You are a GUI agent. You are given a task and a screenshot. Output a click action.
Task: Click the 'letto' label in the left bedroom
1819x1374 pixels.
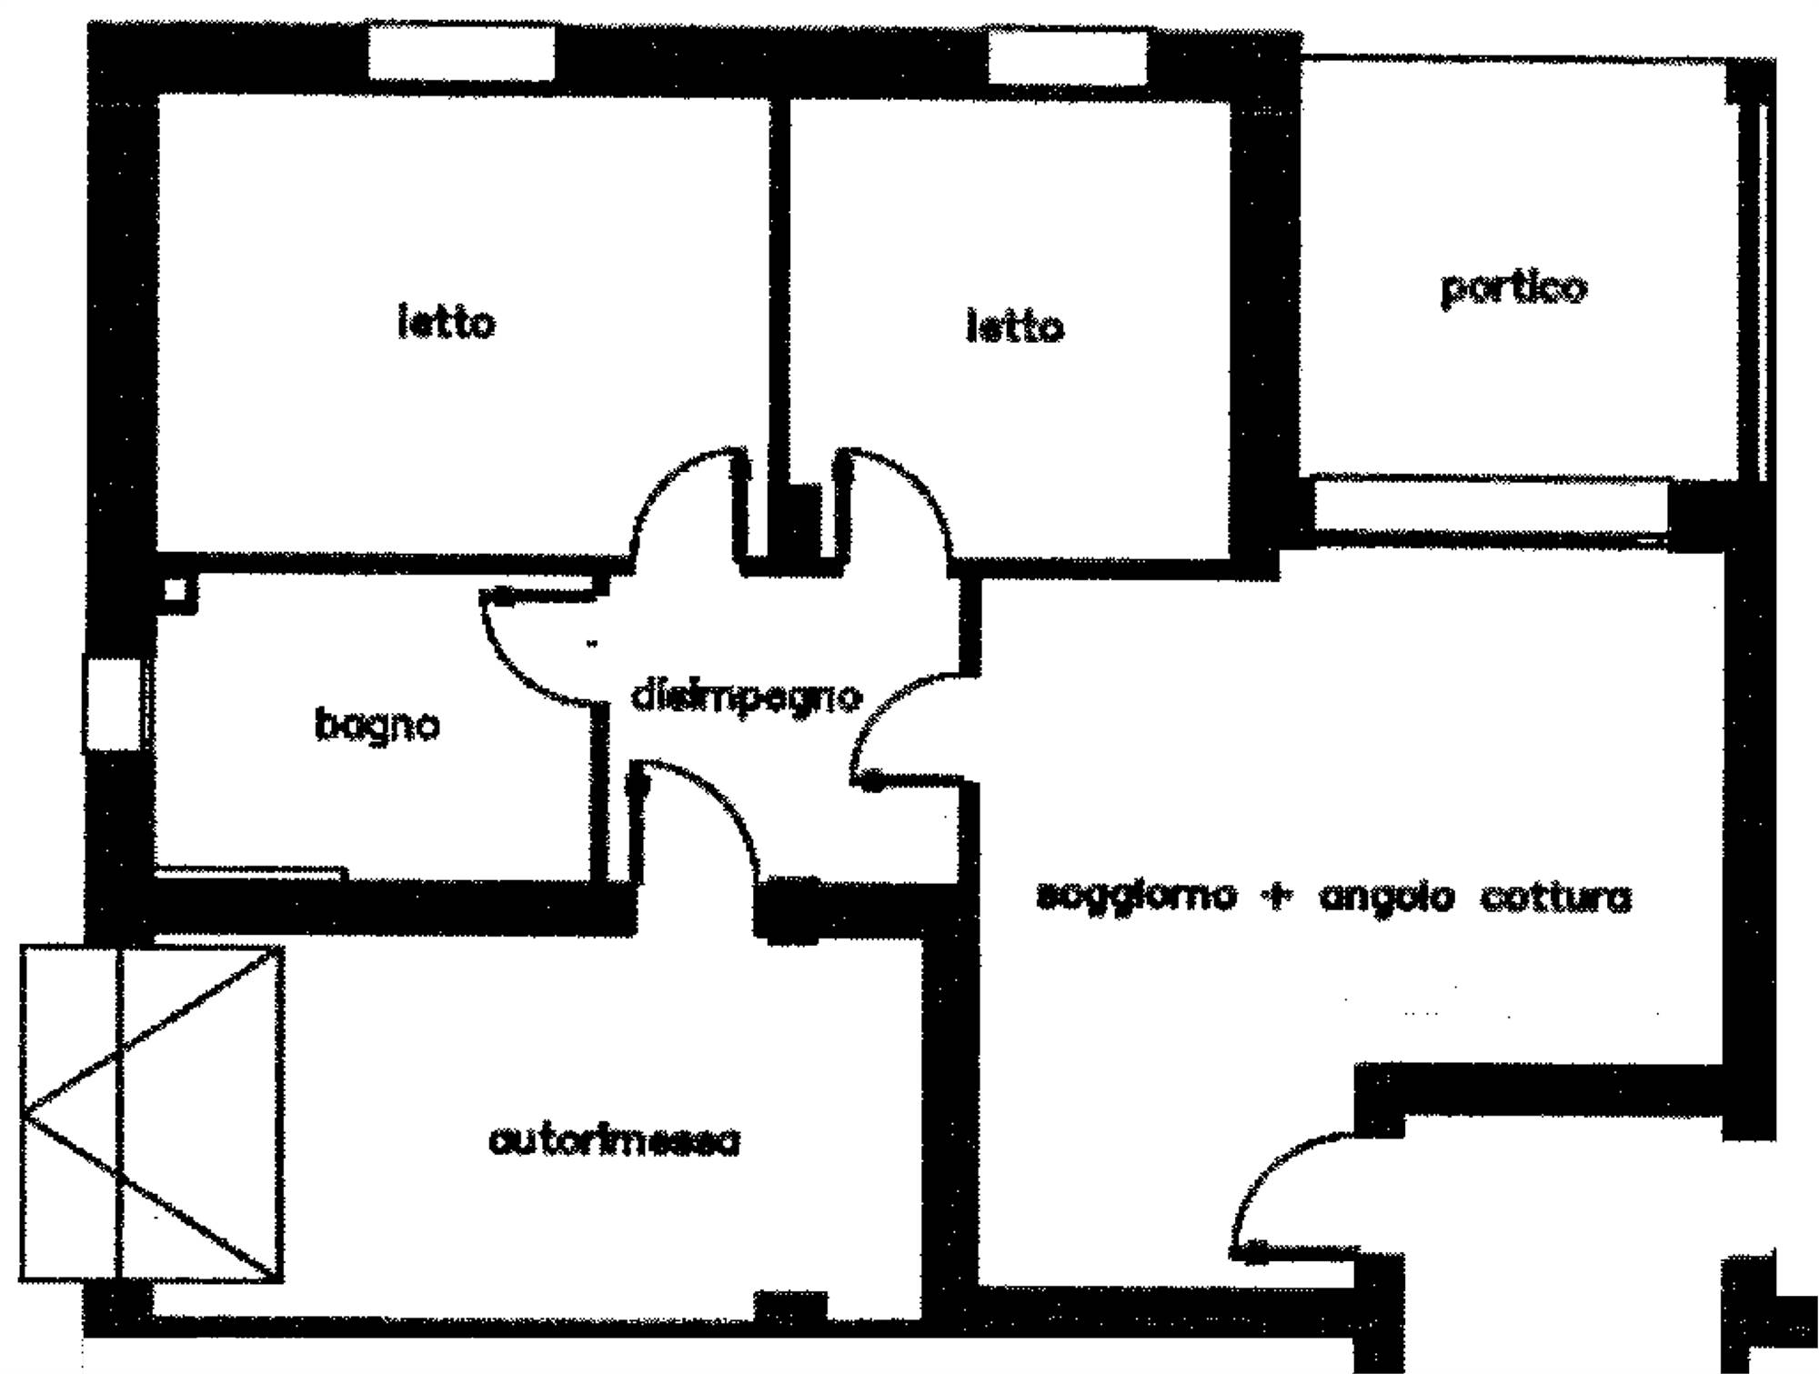[447, 324]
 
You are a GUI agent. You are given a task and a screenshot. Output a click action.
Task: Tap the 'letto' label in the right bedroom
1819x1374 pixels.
[1014, 327]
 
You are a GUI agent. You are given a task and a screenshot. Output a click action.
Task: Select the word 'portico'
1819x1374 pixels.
[1513, 289]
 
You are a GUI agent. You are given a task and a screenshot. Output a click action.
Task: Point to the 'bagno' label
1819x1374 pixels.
[377, 726]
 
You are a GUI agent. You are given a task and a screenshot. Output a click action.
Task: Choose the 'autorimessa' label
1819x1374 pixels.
[614, 1141]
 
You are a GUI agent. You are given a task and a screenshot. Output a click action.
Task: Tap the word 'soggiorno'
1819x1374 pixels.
[1137, 897]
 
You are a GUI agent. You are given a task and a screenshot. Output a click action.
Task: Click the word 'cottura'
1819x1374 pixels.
[1555, 898]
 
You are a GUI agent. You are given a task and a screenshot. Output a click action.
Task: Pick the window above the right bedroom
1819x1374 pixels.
[1067, 57]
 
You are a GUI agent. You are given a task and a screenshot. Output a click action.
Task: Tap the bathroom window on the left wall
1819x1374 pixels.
[113, 704]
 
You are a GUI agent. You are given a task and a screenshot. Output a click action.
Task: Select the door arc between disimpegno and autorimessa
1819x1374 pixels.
[719, 805]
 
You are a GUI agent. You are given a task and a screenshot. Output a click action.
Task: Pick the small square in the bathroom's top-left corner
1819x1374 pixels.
[176, 590]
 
